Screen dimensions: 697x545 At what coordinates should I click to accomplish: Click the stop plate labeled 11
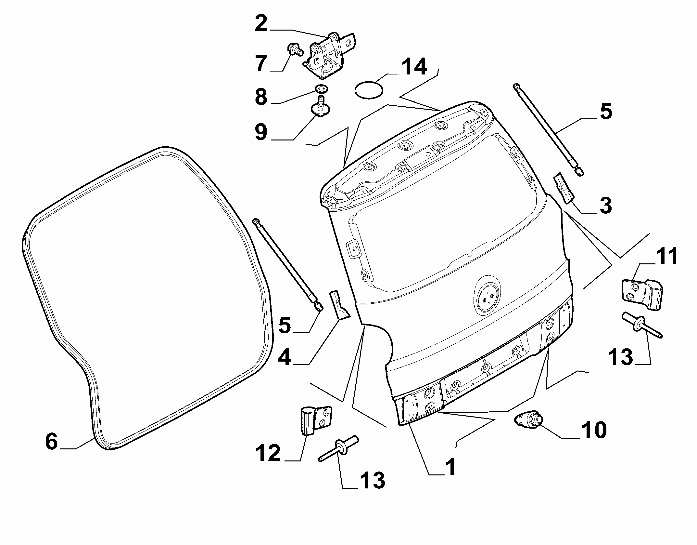tap(641, 294)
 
